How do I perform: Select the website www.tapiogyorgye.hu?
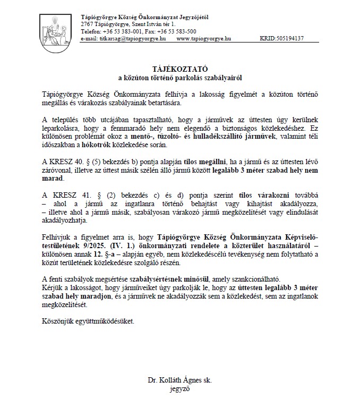pyautogui.click(x=203, y=38)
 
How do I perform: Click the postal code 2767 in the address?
pyautogui.click(x=87, y=24)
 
